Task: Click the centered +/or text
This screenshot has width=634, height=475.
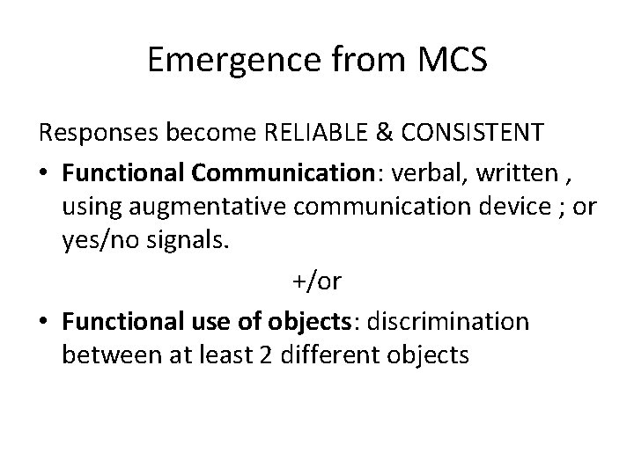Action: pyautogui.click(x=317, y=281)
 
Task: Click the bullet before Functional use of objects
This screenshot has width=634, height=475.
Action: pyautogui.click(x=45, y=321)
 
